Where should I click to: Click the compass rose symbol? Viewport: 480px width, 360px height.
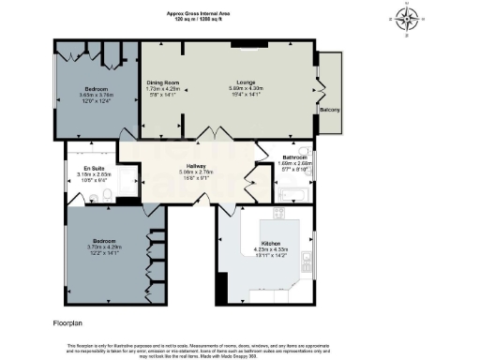[x=405, y=19]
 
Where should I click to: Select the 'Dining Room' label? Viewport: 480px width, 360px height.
[x=163, y=82]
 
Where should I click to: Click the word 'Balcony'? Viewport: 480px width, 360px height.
[x=330, y=110]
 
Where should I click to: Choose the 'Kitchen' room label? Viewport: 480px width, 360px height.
[x=272, y=243]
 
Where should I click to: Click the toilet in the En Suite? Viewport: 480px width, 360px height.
[x=108, y=194]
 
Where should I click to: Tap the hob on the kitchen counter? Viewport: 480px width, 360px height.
[x=277, y=214]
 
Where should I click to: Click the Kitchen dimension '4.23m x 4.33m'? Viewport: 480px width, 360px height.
[x=272, y=249]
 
